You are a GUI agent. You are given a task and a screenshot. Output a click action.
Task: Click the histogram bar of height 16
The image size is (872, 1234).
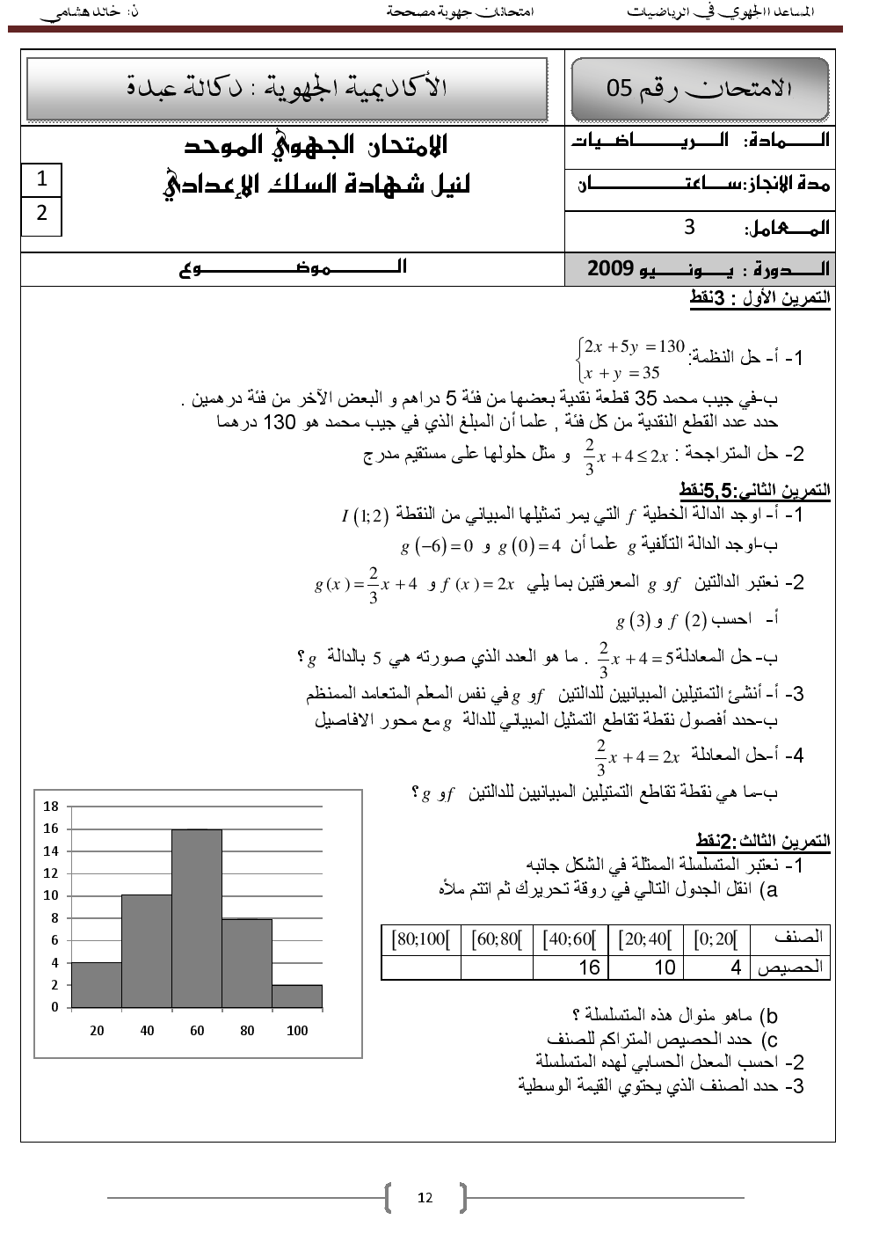pos(197,918)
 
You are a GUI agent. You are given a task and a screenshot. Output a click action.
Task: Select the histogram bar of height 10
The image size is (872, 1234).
pos(147,951)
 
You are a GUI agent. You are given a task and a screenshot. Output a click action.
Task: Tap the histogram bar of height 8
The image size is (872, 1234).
pos(247,963)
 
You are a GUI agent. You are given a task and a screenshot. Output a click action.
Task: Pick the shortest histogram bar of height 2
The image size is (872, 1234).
pos(297,996)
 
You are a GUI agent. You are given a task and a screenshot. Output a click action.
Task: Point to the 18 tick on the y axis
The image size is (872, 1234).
pos(51,807)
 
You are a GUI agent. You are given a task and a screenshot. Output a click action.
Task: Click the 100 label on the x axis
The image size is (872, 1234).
pos(297,1031)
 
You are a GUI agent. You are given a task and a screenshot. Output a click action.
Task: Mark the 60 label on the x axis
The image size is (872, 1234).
pos(197,1031)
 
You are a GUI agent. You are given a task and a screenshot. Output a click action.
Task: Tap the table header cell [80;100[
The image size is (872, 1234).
pos(421,938)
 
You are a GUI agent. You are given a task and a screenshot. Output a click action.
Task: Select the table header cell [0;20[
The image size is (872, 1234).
pos(716,938)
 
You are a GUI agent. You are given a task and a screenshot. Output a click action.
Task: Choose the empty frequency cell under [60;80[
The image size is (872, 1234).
pos(497,967)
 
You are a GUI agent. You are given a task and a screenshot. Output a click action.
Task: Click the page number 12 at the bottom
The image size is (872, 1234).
pos(425,1197)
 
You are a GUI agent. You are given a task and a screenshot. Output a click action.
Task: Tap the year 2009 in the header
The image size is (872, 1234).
pos(610,268)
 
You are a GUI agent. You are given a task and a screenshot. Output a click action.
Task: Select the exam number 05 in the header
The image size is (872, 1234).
pos(619,88)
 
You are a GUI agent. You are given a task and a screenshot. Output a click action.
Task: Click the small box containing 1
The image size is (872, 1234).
pos(41,179)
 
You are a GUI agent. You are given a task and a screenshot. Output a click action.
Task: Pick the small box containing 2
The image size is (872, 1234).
pos(41,213)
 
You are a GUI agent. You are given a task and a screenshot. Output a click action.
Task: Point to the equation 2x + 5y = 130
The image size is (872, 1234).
pos(634,347)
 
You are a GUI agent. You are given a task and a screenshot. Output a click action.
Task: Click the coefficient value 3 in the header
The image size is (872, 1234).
pos(689,227)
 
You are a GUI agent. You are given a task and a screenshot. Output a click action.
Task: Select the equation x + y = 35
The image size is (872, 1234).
pos(621,373)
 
